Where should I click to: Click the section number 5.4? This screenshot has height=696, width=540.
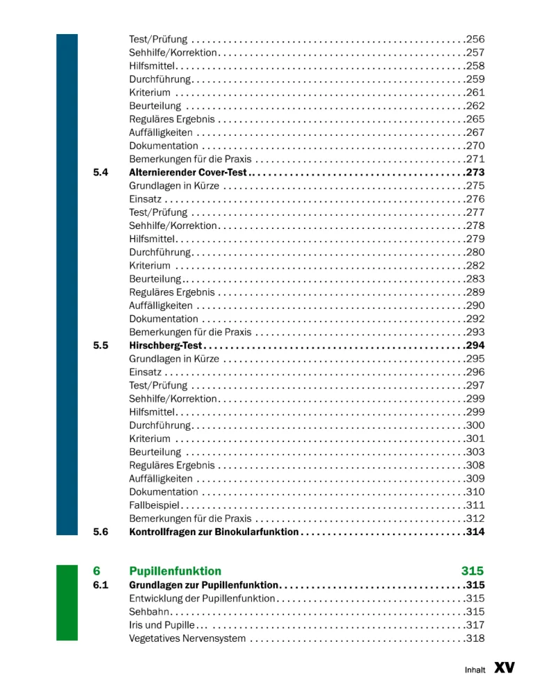point(100,173)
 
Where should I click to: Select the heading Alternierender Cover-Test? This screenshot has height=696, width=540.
point(188,173)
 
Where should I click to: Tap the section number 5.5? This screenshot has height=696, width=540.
point(100,345)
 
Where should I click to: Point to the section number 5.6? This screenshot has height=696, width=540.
point(100,532)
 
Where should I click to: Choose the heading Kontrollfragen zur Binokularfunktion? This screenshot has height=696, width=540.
point(214,532)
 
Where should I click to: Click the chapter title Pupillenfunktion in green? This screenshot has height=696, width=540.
point(175,571)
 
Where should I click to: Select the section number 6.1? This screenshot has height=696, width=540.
point(100,585)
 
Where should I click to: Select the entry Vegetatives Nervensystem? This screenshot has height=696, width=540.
point(187,638)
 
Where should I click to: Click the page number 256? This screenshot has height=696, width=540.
point(475,39)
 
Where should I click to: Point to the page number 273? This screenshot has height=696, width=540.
point(475,173)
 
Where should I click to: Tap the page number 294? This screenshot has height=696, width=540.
point(475,345)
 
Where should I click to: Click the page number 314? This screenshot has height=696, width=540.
point(475,532)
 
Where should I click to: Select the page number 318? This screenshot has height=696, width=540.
point(475,638)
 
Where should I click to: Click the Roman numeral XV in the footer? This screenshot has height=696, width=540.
point(505,668)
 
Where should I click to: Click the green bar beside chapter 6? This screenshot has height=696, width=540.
point(67,603)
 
